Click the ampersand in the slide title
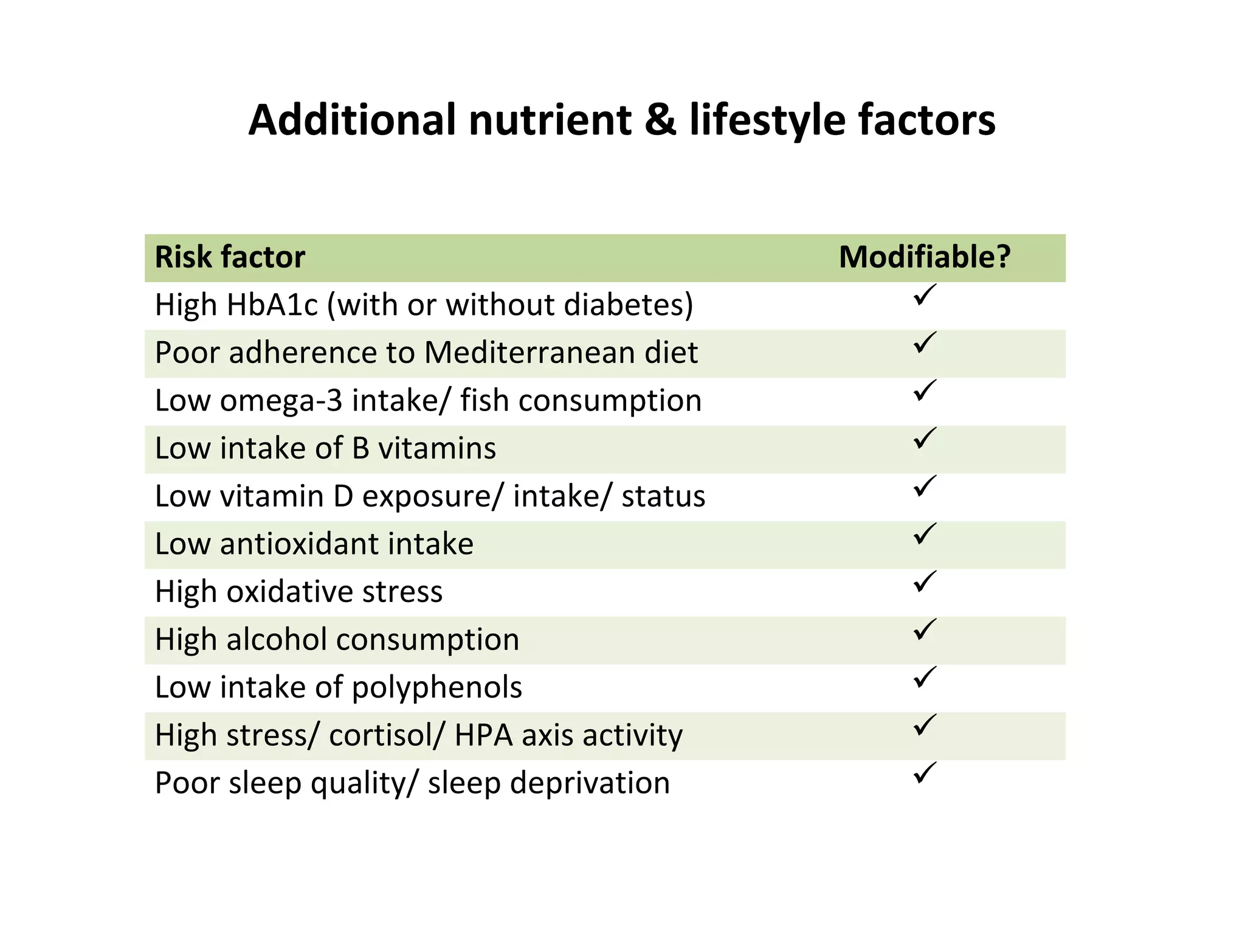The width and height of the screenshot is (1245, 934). pyautogui.click(x=660, y=120)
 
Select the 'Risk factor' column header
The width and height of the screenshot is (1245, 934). pyautogui.click(x=230, y=257)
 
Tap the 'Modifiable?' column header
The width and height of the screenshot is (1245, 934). pyautogui.click(x=925, y=257)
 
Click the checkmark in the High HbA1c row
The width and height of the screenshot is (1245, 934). pyautogui.click(x=924, y=296)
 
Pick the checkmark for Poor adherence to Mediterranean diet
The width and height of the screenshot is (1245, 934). pyautogui.click(x=924, y=344)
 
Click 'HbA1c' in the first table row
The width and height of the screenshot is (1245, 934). pyautogui.click(x=272, y=305)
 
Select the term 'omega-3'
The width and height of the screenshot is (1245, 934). pyautogui.click(x=281, y=401)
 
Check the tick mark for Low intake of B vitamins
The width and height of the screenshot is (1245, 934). pyautogui.click(x=924, y=439)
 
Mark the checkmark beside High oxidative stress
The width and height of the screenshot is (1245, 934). pyautogui.click(x=924, y=583)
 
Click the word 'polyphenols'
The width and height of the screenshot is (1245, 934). pyautogui.click(x=436, y=688)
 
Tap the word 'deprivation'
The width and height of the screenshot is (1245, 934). pyautogui.click(x=590, y=783)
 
